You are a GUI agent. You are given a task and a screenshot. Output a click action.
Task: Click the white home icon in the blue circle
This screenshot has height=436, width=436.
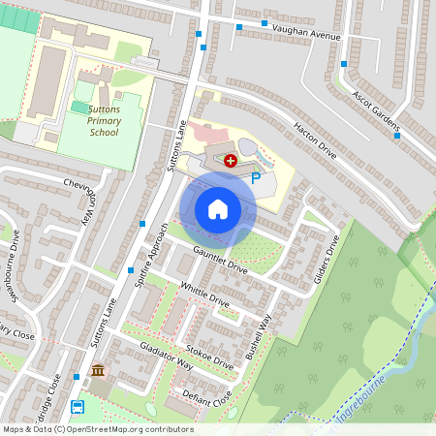tap(217, 208)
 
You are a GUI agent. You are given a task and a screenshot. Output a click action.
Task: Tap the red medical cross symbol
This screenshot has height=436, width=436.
tap(231, 160)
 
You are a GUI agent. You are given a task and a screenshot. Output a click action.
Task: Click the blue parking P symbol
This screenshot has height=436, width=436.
tap(256, 177)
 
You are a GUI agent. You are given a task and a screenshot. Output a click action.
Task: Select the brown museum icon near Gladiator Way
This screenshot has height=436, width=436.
tap(98, 371)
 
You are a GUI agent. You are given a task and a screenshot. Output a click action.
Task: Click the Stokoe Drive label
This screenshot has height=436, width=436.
tap(209, 357)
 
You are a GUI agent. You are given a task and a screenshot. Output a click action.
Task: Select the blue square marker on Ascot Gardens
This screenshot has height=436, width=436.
tap(397, 137)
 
